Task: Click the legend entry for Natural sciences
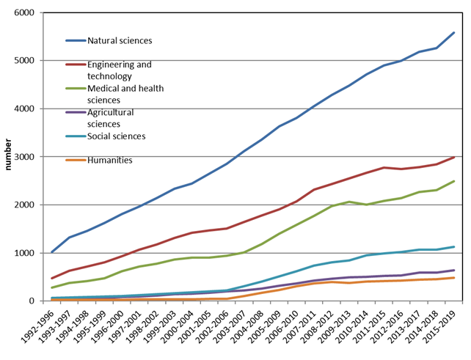point(120,40)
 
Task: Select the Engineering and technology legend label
point(120,70)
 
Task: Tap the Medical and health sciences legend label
point(125,93)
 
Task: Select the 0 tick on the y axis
point(32,301)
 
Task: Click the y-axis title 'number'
point(9,157)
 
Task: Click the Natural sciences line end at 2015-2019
point(454,32)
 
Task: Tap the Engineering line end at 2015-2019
point(454,158)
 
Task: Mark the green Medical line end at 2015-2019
point(454,181)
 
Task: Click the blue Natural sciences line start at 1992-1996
point(51,252)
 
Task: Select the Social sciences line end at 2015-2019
point(454,247)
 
